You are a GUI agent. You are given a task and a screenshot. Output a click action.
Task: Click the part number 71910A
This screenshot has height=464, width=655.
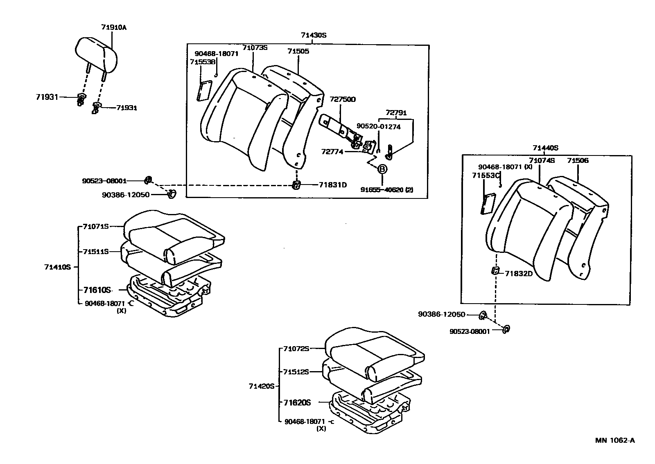tap(114, 27)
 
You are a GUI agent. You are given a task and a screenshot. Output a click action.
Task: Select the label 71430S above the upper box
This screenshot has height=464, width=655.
tap(314, 35)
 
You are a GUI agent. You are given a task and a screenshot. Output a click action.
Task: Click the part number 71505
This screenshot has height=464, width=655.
tap(298, 51)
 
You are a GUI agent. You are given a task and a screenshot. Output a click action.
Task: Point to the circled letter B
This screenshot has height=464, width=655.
tap(382, 169)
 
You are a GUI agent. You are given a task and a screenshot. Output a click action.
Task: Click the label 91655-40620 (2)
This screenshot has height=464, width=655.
tap(387, 190)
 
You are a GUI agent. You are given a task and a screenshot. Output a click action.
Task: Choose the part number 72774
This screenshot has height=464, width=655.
tap(332, 152)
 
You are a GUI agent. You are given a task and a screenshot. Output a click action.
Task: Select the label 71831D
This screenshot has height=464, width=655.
tap(333, 185)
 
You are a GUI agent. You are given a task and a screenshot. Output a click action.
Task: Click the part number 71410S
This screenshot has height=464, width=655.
tap(58, 267)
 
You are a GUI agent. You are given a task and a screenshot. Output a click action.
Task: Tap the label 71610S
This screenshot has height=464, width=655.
tap(97, 290)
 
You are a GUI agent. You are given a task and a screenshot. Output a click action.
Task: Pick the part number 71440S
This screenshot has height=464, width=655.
tap(545, 148)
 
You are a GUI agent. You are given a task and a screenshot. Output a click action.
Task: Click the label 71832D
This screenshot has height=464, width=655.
tap(519, 273)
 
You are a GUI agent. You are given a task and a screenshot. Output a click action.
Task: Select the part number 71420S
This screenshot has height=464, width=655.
tap(261, 386)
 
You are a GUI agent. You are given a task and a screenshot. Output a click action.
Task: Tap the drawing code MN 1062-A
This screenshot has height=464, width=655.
tap(615, 440)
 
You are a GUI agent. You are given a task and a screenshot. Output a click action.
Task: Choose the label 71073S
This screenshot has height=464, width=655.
tap(254, 47)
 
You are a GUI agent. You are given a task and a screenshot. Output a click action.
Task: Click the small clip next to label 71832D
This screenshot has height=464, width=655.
tap(495, 270)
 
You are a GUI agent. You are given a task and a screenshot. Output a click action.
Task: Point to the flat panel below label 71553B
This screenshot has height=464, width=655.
tap(203, 90)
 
